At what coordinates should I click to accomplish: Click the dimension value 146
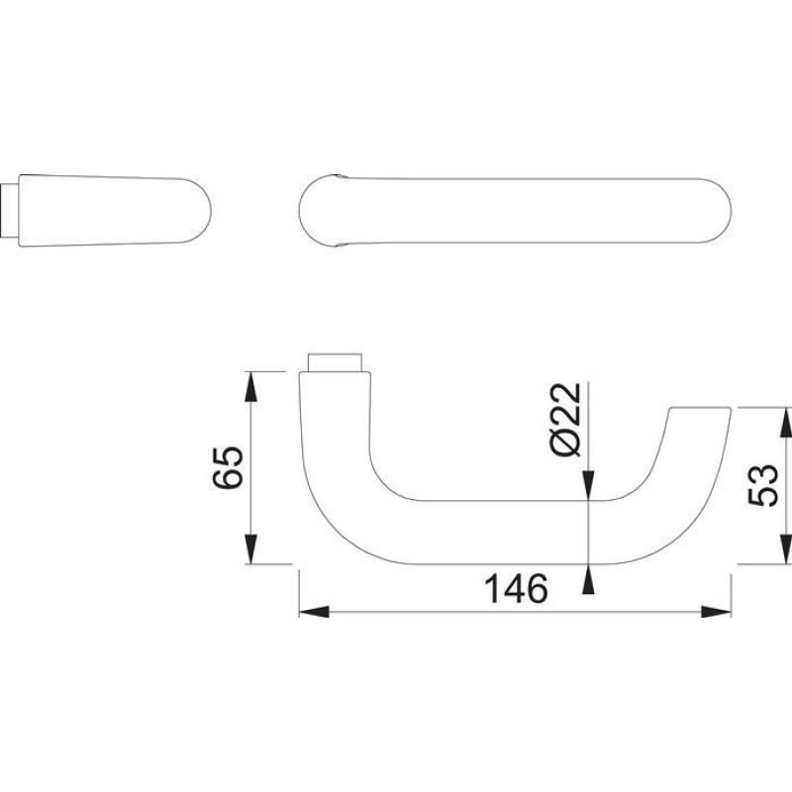[x=516, y=588]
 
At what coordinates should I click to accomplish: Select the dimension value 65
[x=228, y=467]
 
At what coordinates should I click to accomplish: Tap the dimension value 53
[x=763, y=485]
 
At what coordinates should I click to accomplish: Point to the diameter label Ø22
[x=565, y=420]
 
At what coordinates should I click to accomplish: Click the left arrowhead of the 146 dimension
[x=314, y=612]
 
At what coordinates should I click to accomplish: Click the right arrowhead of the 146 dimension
[x=716, y=612]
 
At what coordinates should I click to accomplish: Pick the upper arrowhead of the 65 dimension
[x=251, y=386]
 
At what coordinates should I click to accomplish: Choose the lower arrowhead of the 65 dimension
[x=251, y=549]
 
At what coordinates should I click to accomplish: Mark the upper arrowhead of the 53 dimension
[x=785, y=423]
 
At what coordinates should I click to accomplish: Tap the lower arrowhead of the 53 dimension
[x=785, y=549]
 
